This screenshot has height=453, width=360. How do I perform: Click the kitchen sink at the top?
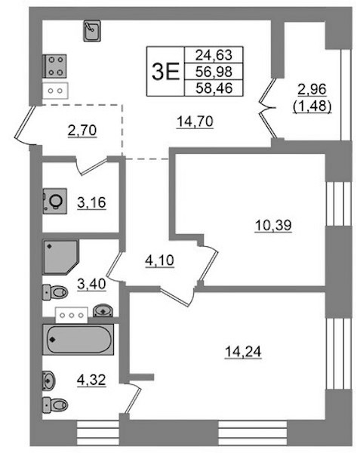coord(92,31)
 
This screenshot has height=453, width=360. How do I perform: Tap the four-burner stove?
coord(54,66)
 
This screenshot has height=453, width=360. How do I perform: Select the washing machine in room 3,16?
coord(55,201)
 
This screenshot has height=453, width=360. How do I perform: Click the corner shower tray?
coord(60,257)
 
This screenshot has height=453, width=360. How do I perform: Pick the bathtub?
coord(78,340)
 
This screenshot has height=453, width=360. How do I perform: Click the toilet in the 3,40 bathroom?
coord(55,292)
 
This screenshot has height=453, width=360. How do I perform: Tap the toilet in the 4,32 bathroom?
coord(55,405)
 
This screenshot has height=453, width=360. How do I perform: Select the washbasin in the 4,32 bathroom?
coord(48,381)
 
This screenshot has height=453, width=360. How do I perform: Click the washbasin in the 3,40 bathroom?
coord(103,310)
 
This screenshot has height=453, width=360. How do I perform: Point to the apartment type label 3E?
coord(166,72)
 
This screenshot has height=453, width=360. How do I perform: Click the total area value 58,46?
coord(214,88)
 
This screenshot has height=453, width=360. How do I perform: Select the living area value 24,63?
coord(214,55)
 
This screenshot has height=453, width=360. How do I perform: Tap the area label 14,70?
coord(195,122)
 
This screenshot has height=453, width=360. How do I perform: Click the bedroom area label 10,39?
coord(273,225)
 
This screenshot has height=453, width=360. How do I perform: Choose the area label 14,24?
coord(243,352)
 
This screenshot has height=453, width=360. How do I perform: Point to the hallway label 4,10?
coord(159,261)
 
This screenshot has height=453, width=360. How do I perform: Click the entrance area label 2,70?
coord(82,131)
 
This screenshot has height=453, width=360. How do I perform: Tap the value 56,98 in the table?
coord(214,72)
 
